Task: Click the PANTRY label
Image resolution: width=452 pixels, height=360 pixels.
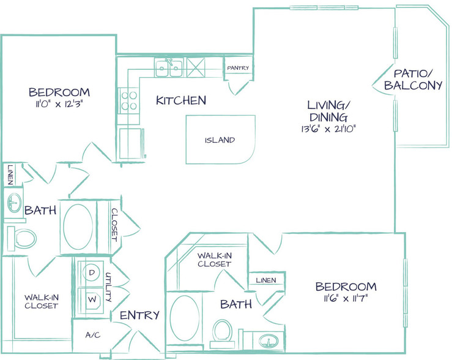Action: tap(238, 68)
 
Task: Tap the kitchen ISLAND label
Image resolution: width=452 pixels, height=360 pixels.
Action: tap(220, 140)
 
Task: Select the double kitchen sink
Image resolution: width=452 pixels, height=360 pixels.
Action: tap(169, 67)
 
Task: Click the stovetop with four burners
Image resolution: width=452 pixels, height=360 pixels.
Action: tap(129, 100)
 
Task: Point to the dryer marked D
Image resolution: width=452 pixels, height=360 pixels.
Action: tap(91, 273)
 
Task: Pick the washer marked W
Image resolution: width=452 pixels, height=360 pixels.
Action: tap(92, 299)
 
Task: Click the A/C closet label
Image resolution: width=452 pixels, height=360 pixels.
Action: tap(93, 335)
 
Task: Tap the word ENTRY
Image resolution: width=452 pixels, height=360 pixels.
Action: tap(140, 315)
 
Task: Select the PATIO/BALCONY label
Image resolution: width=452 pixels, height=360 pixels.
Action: tap(413, 80)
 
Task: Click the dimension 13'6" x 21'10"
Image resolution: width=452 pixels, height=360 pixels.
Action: tap(328, 129)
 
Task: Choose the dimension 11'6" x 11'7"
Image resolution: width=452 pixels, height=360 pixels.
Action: tap(346, 298)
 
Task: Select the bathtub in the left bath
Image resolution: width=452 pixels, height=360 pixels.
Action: tap(78, 227)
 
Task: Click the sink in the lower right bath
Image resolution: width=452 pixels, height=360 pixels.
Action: tap(269, 342)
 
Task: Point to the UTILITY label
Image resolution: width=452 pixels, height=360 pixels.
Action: tap(108, 287)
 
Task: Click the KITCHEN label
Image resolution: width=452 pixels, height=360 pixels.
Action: tap(181, 100)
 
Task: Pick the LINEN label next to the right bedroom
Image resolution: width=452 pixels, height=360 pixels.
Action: tap(266, 280)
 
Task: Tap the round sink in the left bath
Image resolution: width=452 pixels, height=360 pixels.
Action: tap(14, 202)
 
